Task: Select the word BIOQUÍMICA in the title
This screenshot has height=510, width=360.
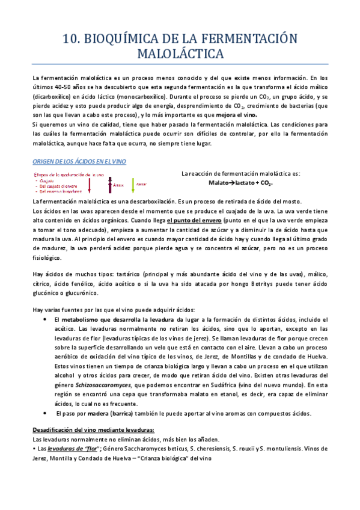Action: click(x=123, y=39)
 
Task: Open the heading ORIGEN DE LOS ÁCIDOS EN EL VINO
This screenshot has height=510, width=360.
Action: click(x=78, y=162)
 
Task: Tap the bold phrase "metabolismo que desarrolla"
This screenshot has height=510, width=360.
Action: click(x=101, y=319)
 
